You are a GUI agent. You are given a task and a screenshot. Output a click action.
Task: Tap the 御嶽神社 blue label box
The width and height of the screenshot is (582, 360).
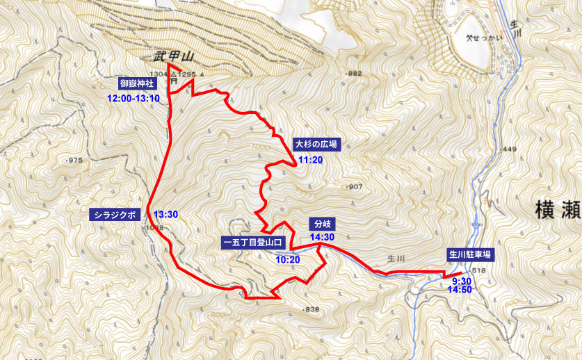point(137,83)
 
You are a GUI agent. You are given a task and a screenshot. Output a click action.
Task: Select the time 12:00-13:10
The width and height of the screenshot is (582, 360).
point(134,98)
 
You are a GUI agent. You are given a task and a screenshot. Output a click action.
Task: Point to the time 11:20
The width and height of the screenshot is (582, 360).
point(310,160)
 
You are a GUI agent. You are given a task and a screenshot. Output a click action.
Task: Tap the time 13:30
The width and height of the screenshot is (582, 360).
point(166,214)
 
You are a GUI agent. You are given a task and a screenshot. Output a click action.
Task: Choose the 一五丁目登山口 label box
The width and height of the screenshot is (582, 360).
point(253,243)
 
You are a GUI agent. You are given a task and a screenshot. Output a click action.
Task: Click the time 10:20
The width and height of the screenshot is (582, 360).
point(288,259)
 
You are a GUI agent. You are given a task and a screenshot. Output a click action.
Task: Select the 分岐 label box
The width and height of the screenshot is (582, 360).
point(323,224)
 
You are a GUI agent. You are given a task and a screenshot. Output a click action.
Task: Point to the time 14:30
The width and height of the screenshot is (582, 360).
point(323,237)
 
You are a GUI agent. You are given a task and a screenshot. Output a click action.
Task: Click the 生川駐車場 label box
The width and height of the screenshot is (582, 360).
point(470,255)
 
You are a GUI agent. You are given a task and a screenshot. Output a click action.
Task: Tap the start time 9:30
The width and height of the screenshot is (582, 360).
point(462,280)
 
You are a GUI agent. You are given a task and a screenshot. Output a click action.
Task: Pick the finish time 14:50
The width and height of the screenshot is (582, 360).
point(462,290)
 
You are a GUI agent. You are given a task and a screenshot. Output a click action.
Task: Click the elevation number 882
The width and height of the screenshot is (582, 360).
point(355,74)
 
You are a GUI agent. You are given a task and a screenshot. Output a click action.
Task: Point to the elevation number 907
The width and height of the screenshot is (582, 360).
point(355,186)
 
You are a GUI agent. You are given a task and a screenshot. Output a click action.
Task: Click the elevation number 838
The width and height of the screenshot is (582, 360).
point(312,309)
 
